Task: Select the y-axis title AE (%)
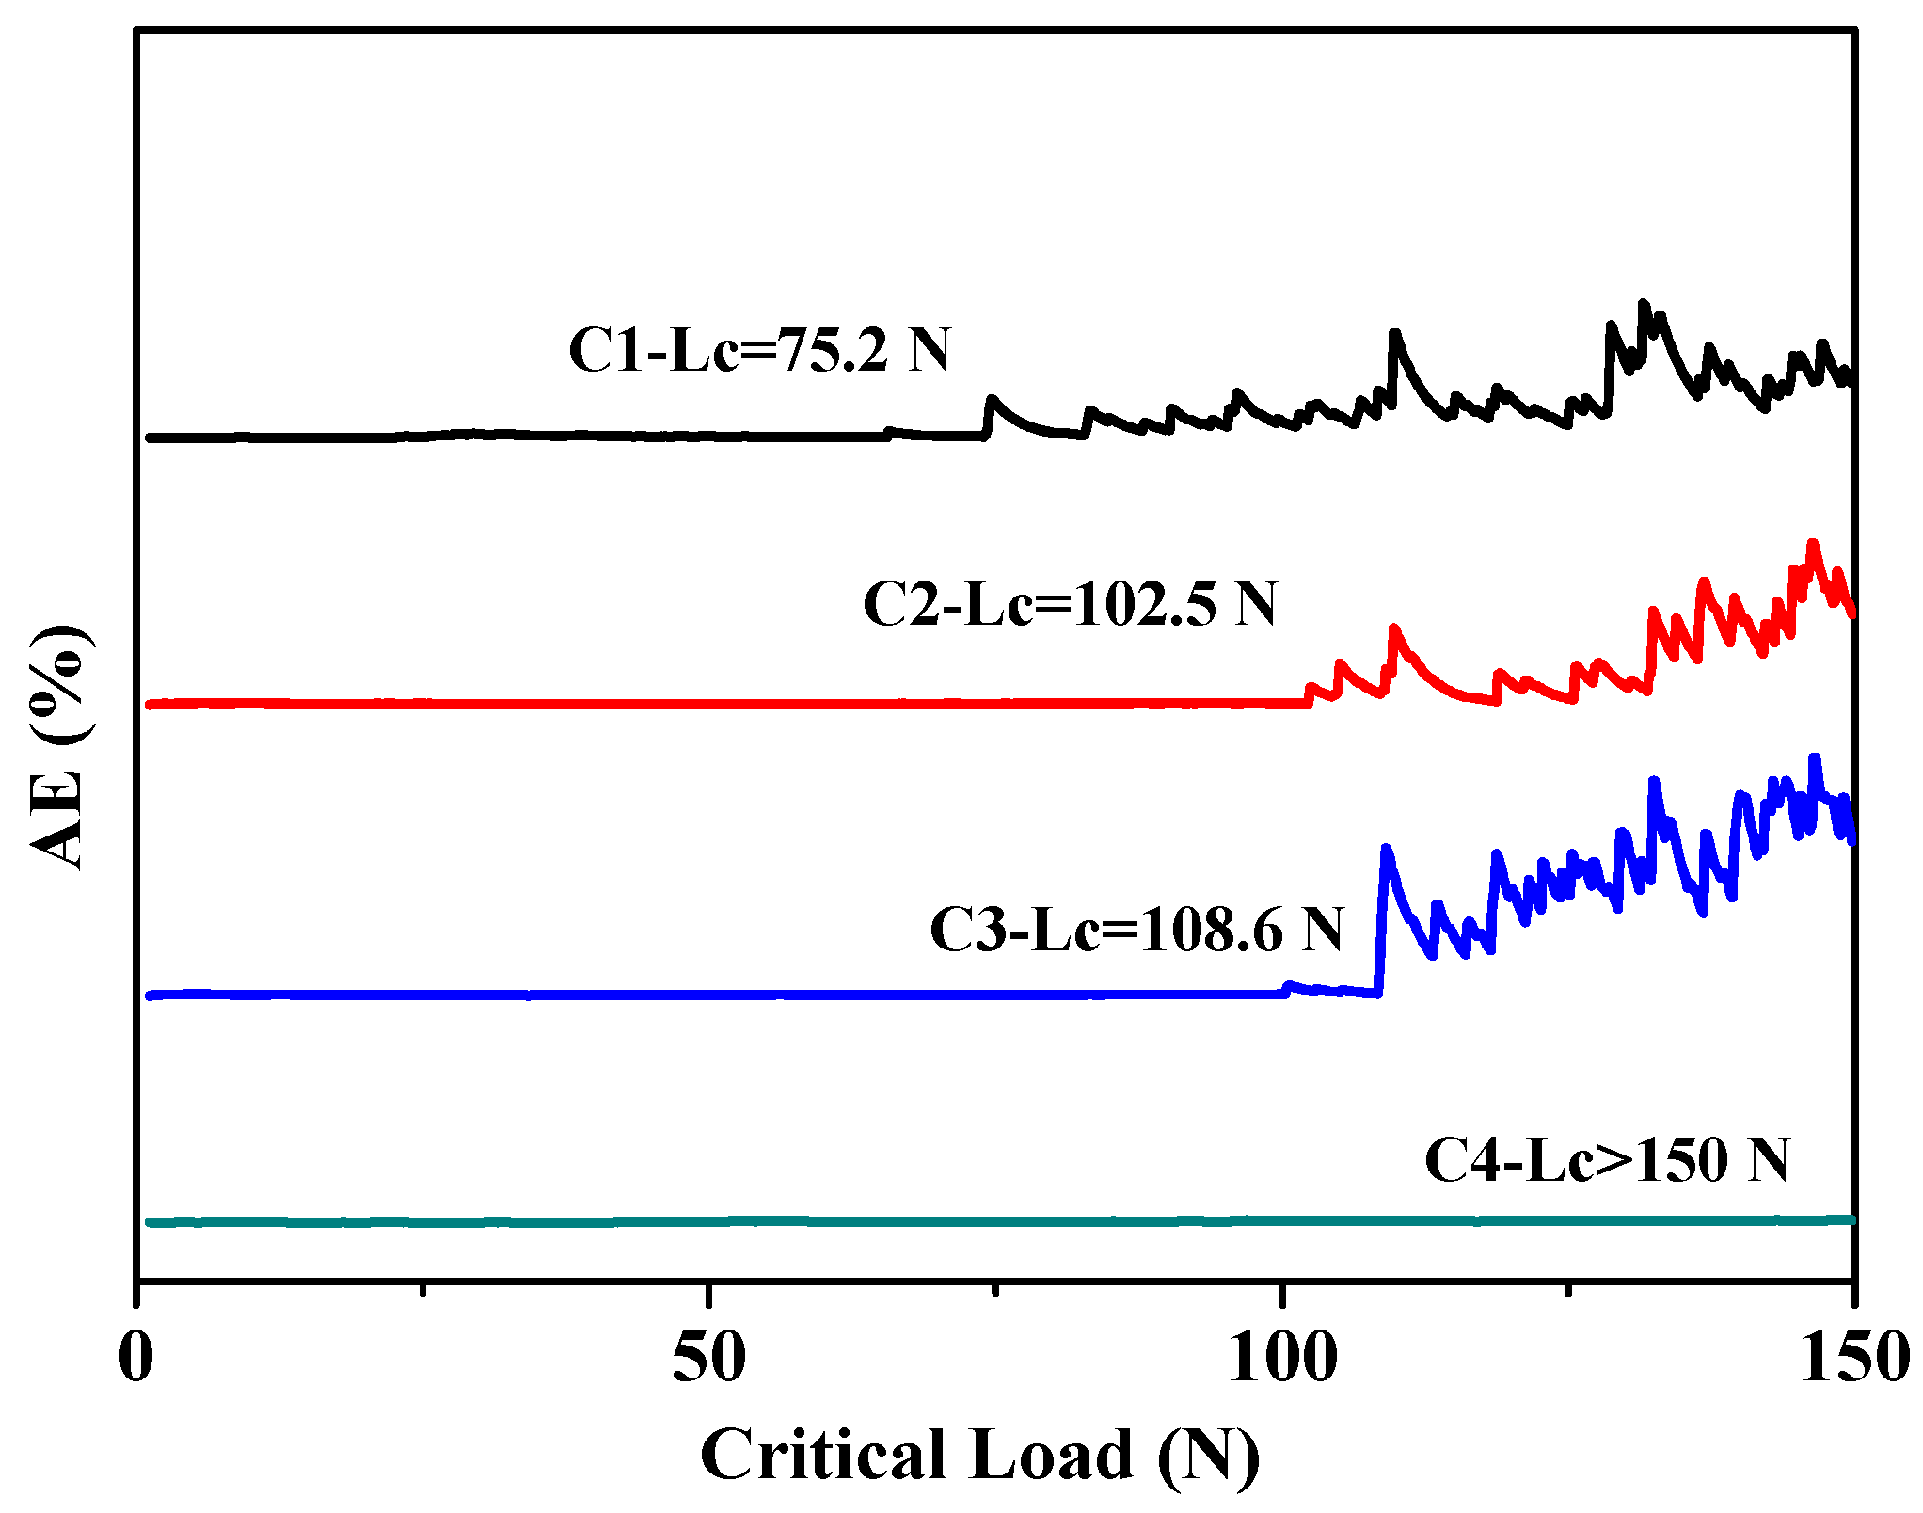(x=58, y=747)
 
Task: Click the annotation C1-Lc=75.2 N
(x=759, y=351)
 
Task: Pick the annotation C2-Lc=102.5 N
(x=1070, y=604)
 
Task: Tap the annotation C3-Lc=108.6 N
(x=1136, y=930)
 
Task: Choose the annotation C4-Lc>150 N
(x=1606, y=1159)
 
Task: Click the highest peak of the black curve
(x=1644, y=305)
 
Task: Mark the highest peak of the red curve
(x=1812, y=544)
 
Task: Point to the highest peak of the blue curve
(x=1815, y=758)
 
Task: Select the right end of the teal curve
(x=1851, y=1219)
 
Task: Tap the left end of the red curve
(x=151, y=704)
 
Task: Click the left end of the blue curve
(x=151, y=995)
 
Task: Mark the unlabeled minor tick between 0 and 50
(x=423, y=1287)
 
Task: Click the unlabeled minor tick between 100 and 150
(x=1567, y=1287)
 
